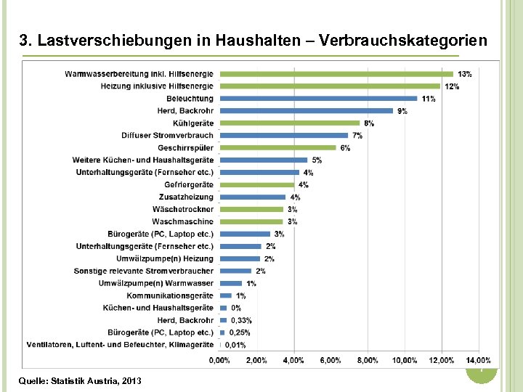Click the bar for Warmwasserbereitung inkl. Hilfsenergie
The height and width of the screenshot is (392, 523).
pos(336,74)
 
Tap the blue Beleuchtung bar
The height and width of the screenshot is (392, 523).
pos(318,99)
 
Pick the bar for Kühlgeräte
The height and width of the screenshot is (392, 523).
pos(290,123)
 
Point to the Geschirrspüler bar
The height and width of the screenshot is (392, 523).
pos(277,148)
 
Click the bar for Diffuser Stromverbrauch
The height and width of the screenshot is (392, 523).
pos(283,136)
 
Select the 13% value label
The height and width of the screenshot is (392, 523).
pos(465,74)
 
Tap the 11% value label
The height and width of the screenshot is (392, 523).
pos(429,99)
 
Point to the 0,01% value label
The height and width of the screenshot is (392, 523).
pos(235,345)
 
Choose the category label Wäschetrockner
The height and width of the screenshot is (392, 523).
pos(183,209)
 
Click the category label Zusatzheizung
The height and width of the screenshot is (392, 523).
pos(186,197)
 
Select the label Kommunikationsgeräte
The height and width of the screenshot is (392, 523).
pos(170,295)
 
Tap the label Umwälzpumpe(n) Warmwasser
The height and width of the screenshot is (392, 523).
pos(156,283)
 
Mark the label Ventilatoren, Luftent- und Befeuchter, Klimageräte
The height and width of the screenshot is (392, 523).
pos(121,345)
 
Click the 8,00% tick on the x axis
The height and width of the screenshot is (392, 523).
pos(368,360)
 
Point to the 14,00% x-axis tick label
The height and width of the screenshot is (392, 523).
pos(478,360)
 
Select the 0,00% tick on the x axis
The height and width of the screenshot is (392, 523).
pos(220,360)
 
